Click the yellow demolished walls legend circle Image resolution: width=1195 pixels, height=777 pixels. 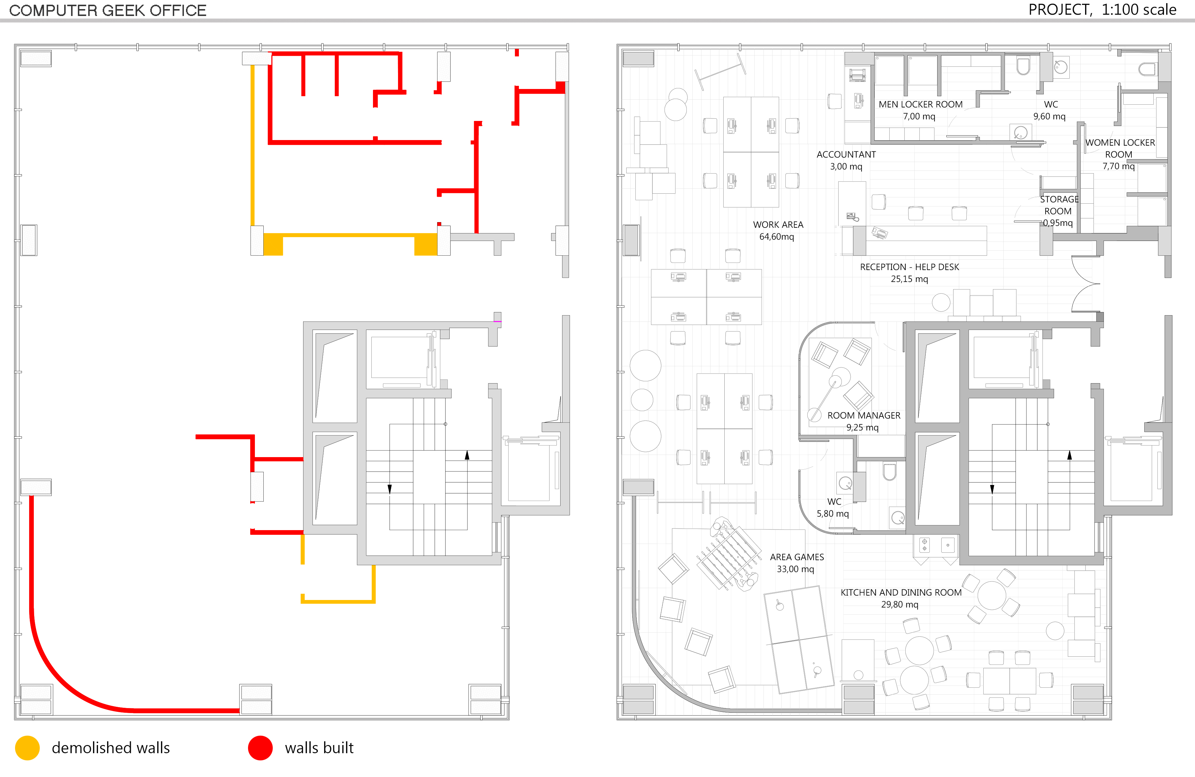pyautogui.click(x=27, y=748)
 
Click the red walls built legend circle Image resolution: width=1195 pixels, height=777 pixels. pyautogui.click(x=260, y=748)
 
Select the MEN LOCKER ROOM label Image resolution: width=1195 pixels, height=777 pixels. pyautogui.click(x=920, y=104)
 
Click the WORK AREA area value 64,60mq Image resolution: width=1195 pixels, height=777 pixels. pyautogui.click(x=776, y=237)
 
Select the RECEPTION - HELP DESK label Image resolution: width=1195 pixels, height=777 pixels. pyautogui.click(x=909, y=267)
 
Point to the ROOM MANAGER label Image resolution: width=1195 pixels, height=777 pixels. pyautogui.click(x=864, y=415)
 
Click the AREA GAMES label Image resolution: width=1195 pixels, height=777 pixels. pyautogui.click(x=797, y=557)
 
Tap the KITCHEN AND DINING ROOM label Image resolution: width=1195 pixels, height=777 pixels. pyautogui.click(x=901, y=593)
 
